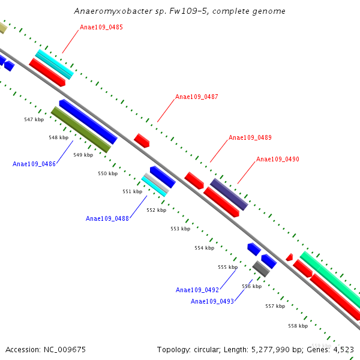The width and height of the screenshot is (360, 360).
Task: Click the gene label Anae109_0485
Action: click(101, 27)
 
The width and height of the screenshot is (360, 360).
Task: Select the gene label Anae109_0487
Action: click(197, 97)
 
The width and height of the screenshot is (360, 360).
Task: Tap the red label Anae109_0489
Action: click(250, 137)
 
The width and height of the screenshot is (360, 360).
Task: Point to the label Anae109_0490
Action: click(278, 159)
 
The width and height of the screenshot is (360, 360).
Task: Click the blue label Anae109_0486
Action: click(34, 164)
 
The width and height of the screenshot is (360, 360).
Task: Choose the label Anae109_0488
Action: click(107, 218)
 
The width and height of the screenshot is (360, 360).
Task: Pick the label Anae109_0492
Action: click(197, 290)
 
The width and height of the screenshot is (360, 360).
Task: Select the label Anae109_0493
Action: click(212, 301)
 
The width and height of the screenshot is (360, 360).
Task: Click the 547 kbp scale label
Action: click(34, 119)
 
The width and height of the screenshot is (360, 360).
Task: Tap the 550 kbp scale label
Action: click(108, 173)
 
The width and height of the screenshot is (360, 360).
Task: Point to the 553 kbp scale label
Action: click(180, 229)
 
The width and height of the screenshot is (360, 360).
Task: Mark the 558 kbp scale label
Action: click(298, 326)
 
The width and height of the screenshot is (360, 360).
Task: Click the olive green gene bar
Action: click(81, 130)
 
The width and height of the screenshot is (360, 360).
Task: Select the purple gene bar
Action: click(229, 194)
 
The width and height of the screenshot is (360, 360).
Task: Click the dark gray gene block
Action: click(261, 268)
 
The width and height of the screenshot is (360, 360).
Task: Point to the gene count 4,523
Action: click(343, 349)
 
